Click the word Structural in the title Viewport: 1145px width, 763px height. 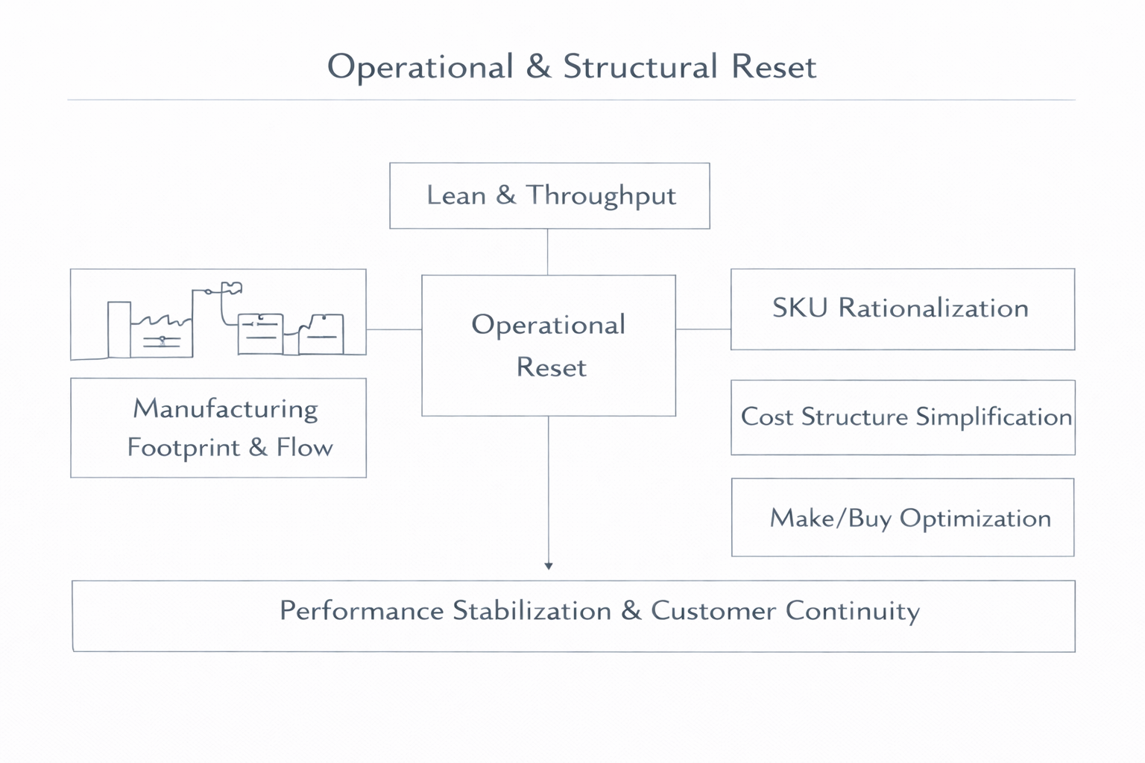640,67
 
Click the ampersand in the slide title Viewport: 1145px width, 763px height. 538,67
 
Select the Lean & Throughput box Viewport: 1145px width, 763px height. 549,196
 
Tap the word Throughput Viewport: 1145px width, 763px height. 601,196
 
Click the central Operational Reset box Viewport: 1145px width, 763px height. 549,346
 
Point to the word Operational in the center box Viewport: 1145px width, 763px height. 549,325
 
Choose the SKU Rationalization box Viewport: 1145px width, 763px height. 902,309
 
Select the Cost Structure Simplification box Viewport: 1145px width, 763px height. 903,417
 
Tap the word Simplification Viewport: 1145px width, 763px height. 994,417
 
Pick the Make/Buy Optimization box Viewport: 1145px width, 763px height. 903,518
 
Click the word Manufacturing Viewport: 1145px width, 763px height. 225,409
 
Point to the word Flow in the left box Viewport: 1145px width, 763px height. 304,448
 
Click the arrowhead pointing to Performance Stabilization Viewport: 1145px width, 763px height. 549,566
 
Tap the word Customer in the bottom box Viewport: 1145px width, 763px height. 713,611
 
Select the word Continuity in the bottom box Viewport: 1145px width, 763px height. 852,611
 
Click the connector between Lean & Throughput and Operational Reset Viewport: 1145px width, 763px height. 548,252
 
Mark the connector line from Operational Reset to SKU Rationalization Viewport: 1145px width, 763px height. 703,329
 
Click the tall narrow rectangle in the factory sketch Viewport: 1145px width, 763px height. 119,329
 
